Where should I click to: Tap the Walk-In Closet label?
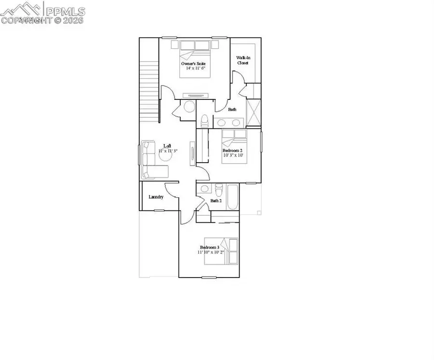click(243, 60)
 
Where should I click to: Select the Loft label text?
click(167, 146)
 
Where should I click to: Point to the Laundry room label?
click(156, 197)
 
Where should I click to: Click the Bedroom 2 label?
click(232, 151)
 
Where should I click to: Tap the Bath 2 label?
click(216, 201)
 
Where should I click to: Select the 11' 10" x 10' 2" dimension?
click(211, 252)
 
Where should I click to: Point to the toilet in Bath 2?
click(218, 189)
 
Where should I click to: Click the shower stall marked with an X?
click(253, 111)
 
